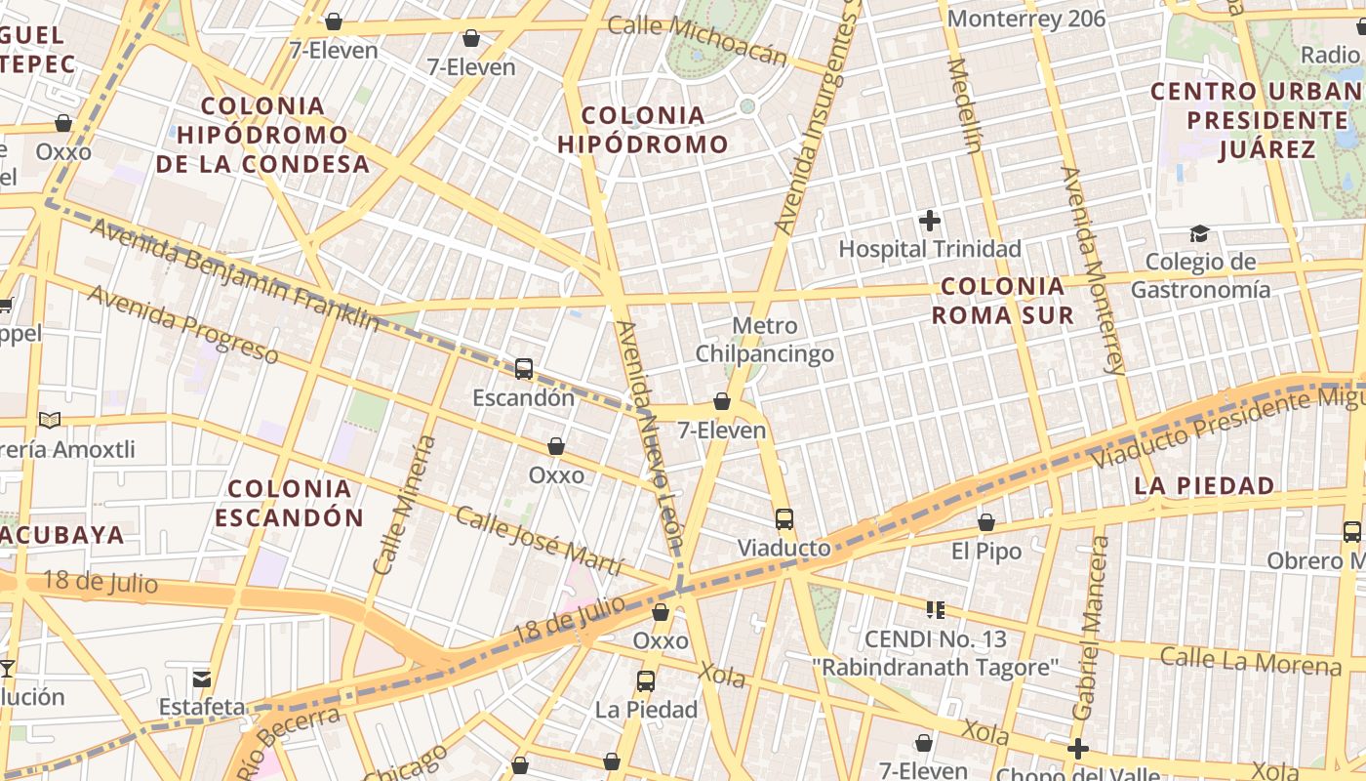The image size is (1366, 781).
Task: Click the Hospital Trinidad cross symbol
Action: coord(930,221)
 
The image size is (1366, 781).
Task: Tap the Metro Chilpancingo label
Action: coord(764,340)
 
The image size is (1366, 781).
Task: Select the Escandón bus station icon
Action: coord(524,369)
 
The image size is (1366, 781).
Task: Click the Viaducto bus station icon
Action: coord(783,519)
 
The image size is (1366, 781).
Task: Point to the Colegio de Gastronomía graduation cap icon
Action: coord(1199,233)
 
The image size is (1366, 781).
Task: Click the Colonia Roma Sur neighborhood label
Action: coord(1002,301)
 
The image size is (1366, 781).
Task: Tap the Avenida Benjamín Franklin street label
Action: coord(234,274)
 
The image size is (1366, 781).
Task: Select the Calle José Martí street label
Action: coord(539,542)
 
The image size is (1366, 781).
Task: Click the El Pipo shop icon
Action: coord(986,523)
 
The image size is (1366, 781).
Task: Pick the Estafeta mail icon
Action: coord(202,678)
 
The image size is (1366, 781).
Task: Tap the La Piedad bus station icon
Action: coord(646,681)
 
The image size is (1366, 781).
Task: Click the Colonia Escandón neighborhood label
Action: coord(289,503)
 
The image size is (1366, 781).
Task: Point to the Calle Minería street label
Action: coord(404,505)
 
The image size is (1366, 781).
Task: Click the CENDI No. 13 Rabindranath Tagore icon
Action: coord(936,611)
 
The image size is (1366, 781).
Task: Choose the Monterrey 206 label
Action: coord(1026,19)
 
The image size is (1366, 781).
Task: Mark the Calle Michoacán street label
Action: coord(697,39)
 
